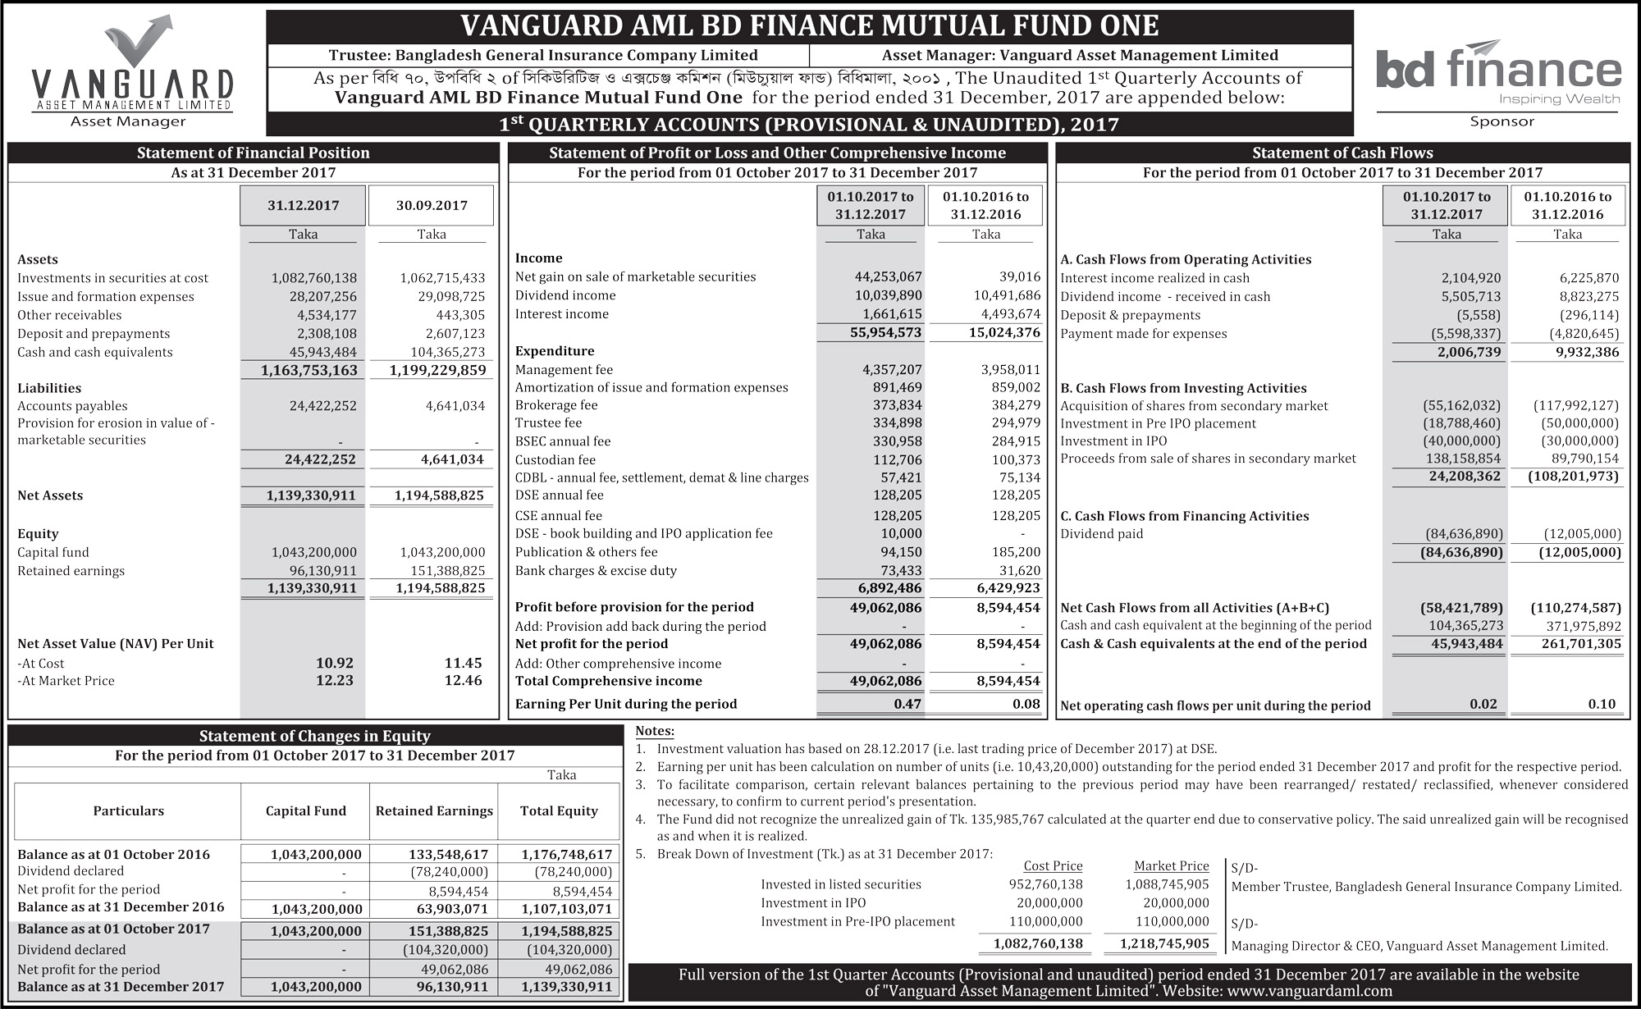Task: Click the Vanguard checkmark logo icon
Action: coord(139,41)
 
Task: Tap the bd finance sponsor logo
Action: coord(1498,74)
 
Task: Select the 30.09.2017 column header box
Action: coord(432,205)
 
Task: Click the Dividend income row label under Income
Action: coord(565,295)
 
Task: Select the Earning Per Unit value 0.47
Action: coord(907,704)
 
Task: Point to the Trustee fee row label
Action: coord(548,422)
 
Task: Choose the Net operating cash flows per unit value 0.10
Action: coord(1601,704)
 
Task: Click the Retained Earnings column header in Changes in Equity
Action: coord(434,810)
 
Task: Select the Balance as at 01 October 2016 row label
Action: coord(113,854)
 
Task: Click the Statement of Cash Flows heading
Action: coord(1342,153)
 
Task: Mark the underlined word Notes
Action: coord(655,731)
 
